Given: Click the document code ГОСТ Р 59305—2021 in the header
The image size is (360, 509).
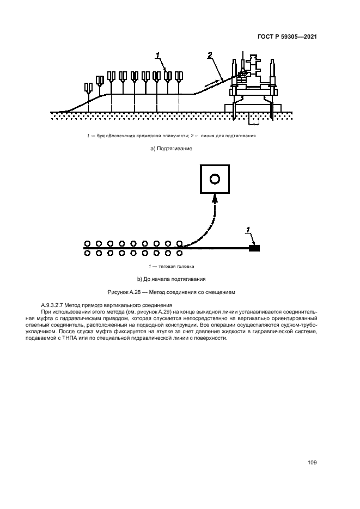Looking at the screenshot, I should pyautogui.click(x=287, y=37).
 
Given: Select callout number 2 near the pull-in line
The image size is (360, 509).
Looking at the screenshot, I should pyautogui.click(x=210, y=54).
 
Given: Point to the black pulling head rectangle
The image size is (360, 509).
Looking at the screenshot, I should pyautogui.click(x=254, y=248).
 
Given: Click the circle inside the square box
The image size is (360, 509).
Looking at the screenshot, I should pyautogui.click(x=215, y=179).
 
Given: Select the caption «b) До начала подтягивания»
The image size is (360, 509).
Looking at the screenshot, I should pyautogui.click(x=172, y=279).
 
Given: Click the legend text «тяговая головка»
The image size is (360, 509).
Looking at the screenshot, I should pyautogui.click(x=175, y=266).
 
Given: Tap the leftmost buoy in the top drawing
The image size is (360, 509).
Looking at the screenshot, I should pyautogui.click(x=88, y=88).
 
